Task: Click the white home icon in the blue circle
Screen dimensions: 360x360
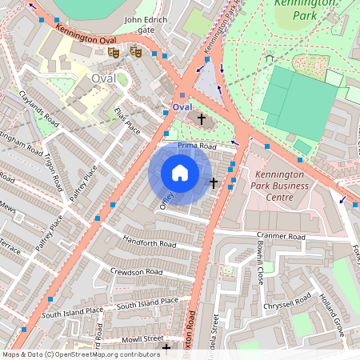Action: pyautogui.click(x=180, y=173)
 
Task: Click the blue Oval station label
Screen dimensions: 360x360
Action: pyautogui.click(x=182, y=107)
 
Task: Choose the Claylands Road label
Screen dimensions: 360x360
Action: pyautogui.click(x=40, y=109)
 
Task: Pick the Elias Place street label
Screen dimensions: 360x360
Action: pyautogui.click(x=127, y=120)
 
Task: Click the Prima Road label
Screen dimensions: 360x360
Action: pyautogui.click(x=197, y=146)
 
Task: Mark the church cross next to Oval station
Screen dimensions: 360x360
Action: pyautogui.click(x=202, y=120)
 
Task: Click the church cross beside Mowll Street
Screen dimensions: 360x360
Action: pyautogui.click(x=166, y=348)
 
